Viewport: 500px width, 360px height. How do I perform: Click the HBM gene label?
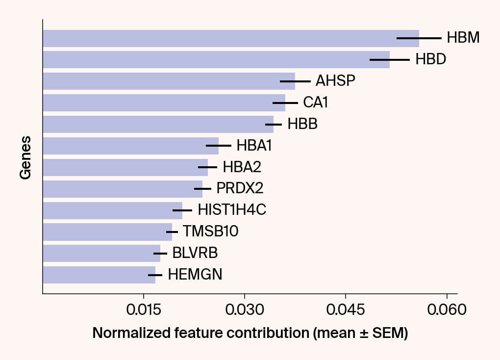pyautogui.click(x=463, y=38)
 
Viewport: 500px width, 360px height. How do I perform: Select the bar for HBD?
pyautogui.click(x=216, y=59)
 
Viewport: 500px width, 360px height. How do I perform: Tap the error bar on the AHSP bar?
pyautogui.click(x=295, y=81)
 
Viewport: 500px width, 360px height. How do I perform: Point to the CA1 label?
pyautogui.click(x=315, y=103)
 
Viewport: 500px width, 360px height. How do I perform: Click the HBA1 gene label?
pyautogui.click(x=254, y=146)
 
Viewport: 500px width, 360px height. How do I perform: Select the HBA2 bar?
pyautogui.click(x=125, y=167)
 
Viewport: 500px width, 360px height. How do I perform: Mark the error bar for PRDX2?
pyautogui.click(x=202, y=189)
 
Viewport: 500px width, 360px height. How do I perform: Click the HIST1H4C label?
pyautogui.click(x=232, y=210)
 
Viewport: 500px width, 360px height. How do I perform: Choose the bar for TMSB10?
pyautogui.click(x=107, y=232)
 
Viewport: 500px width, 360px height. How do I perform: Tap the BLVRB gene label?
pyautogui.click(x=195, y=254)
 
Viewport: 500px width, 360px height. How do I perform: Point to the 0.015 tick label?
pyautogui.click(x=143, y=310)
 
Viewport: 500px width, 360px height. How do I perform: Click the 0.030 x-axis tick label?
pyautogui.click(x=245, y=310)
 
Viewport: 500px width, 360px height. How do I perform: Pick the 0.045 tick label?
pyautogui.click(x=346, y=310)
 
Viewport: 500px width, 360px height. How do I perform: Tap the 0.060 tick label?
pyautogui.click(x=447, y=310)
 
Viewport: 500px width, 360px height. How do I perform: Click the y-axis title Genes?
pyautogui.click(x=25, y=157)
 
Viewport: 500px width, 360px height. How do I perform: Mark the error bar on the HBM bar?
pyautogui.click(x=419, y=38)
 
